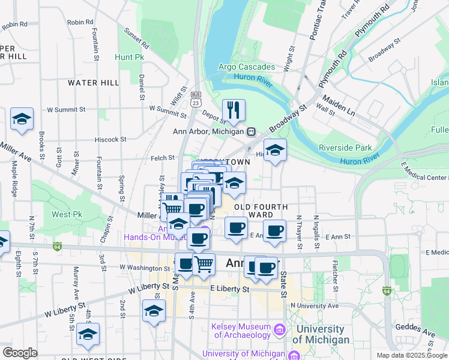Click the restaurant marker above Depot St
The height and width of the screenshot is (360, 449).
click(x=234, y=110)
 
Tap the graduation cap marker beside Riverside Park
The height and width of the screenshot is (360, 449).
click(x=276, y=151)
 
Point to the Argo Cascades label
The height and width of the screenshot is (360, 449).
click(x=246, y=67)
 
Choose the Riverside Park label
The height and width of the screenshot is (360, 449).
click(x=345, y=148)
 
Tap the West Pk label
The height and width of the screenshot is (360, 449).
click(x=67, y=214)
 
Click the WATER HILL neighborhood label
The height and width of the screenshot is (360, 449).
click(x=94, y=82)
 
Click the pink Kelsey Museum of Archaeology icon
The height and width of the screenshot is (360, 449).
click(x=279, y=329)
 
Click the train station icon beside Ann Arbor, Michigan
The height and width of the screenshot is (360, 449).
click(x=252, y=131)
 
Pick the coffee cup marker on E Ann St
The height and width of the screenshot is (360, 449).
click(x=274, y=231)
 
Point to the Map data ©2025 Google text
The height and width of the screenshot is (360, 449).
click(x=411, y=355)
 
